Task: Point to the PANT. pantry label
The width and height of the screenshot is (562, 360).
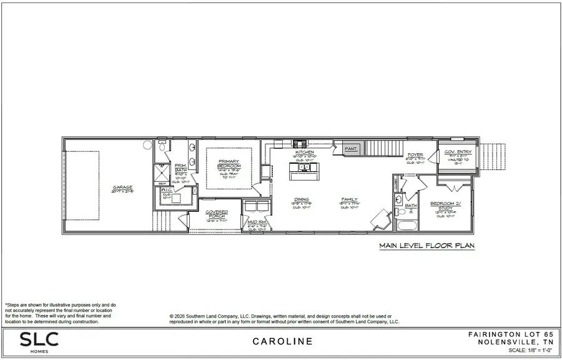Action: (350, 149)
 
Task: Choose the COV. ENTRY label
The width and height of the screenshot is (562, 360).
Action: (458, 152)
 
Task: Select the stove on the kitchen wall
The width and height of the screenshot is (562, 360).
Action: (298, 142)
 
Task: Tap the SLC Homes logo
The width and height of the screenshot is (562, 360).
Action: (39, 341)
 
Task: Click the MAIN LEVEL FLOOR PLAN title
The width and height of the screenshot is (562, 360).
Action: (426, 246)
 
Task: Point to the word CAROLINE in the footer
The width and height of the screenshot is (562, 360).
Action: (283, 342)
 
